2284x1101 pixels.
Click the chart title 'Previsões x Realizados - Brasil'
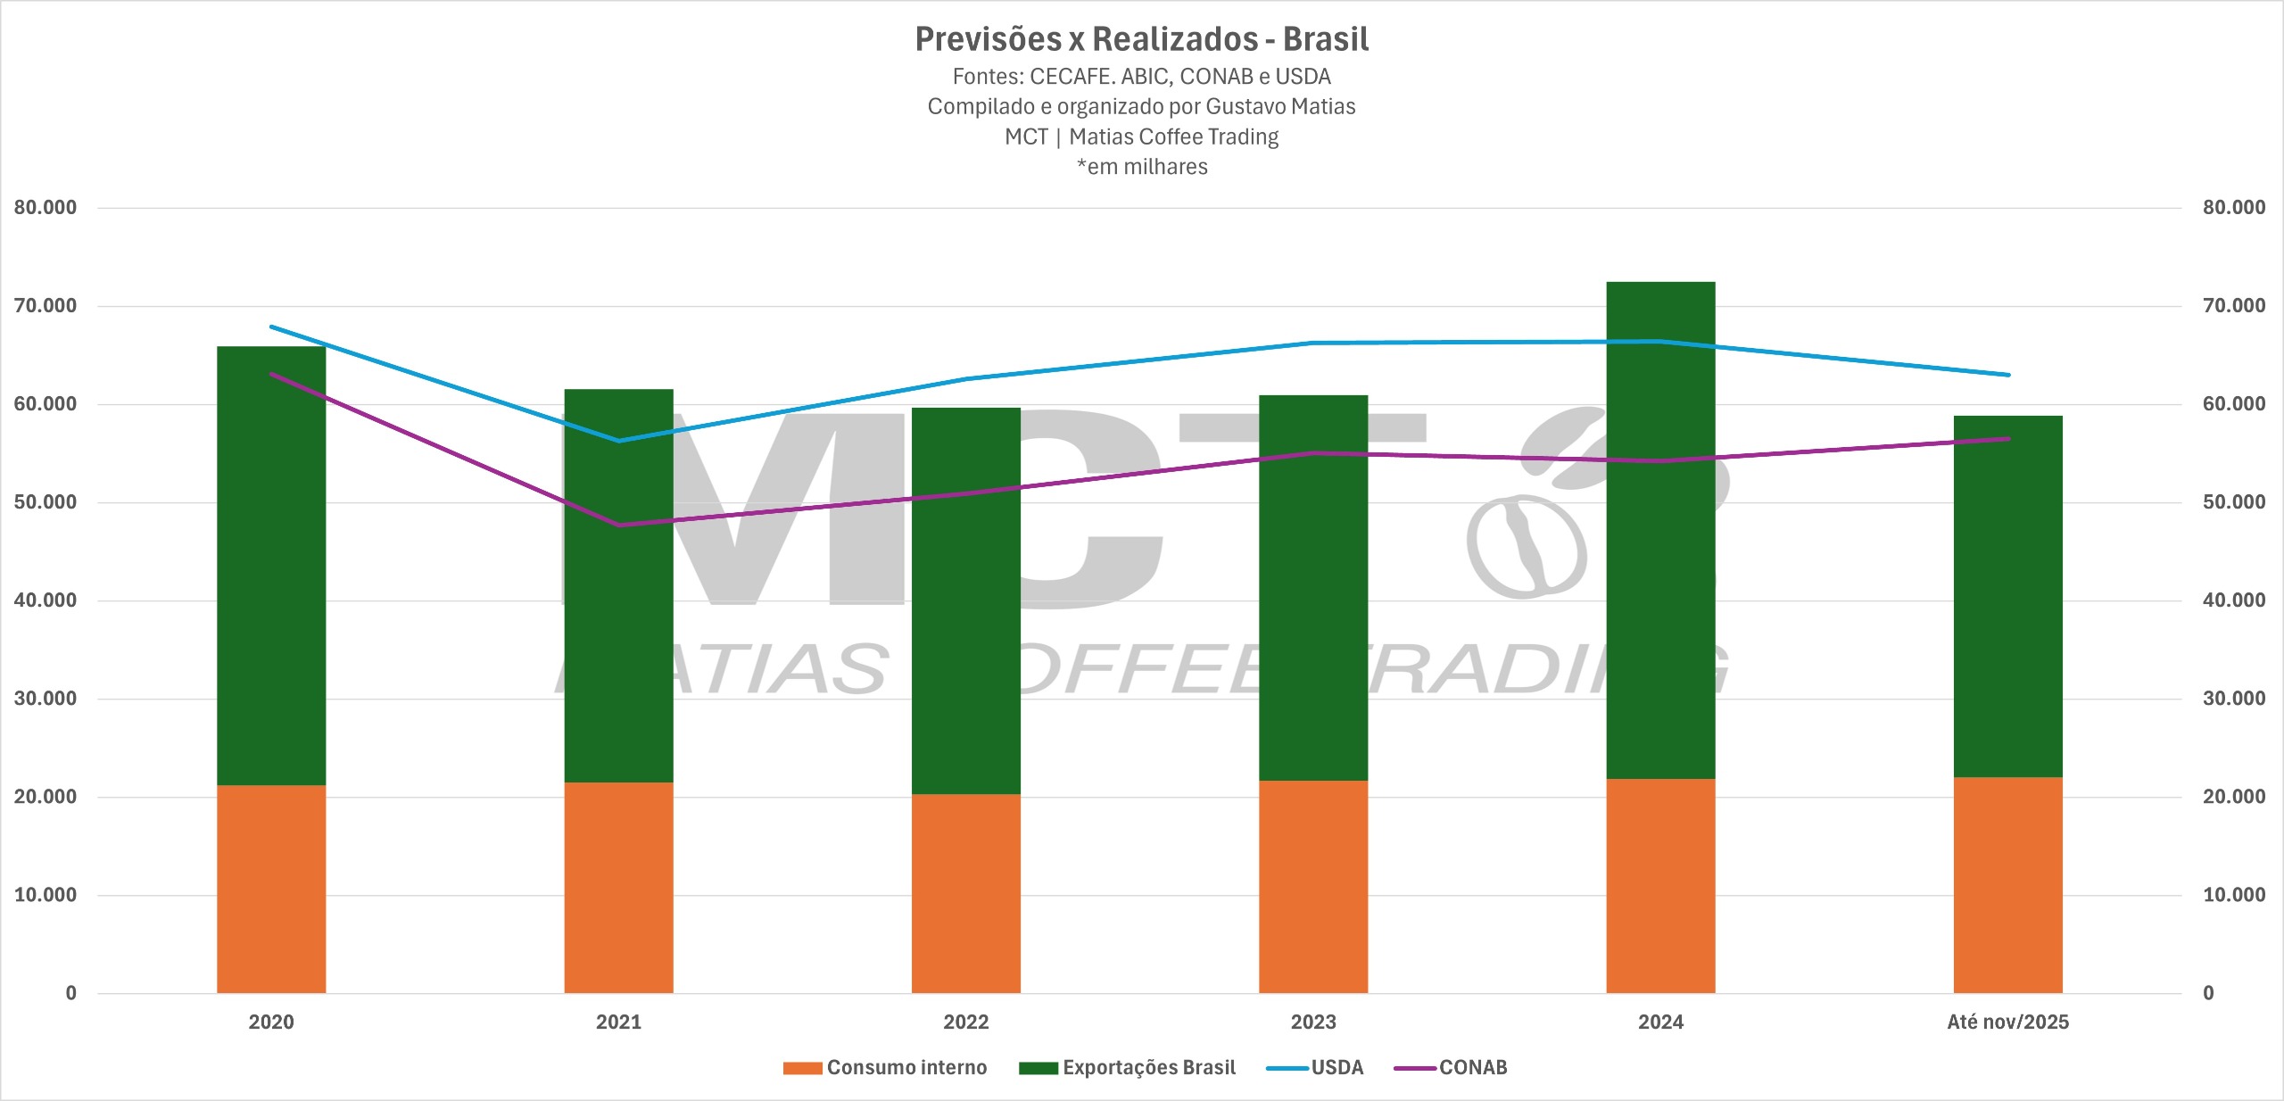(x=1141, y=39)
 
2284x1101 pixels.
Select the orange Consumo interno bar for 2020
(x=271, y=889)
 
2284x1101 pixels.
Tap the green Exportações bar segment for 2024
(x=1660, y=530)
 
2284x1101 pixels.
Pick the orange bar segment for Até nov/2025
(x=2007, y=885)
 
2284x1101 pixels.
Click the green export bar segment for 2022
(x=965, y=600)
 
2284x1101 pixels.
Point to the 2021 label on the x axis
(x=618, y=1022)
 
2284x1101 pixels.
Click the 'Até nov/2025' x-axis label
(x=2007, y=1022)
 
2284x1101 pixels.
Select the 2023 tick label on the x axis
(x=1313, y=1022)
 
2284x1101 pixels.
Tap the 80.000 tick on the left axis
(x=46, y=208)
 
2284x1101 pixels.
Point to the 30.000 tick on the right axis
(x=2233, y=699)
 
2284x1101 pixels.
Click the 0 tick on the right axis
(x=2208, y=993)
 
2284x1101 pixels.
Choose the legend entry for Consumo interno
(x=885, y=1067)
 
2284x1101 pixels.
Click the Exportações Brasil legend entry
(x=1128, y=1067)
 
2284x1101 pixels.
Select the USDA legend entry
(x=1316, y=1067)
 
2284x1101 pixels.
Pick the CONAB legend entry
(x=1452, y=1067)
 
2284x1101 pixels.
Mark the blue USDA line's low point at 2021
(x=619, y=441)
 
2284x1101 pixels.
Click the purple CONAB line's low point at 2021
(x=619, y=525)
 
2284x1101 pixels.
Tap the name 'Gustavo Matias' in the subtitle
(x=1280, y=107)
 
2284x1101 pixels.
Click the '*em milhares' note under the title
(x=1142, y=167)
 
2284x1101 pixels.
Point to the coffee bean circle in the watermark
(x=1527, y=546)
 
